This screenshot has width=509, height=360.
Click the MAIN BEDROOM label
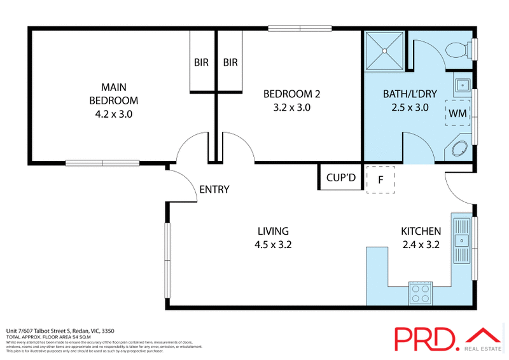click(x=113, y=93)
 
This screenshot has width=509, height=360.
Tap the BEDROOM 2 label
click(x=291, y=94)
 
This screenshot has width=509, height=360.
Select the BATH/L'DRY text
click(x=410, y=94)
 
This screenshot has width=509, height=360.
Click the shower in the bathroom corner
click(x=384, y=49)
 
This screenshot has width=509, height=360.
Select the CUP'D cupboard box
click(x=340, y=178)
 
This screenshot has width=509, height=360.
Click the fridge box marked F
click(x=380, y=179)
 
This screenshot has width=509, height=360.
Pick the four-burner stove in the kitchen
click(x=420, y=293)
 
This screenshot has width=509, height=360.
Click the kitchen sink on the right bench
click(x=461, y=239)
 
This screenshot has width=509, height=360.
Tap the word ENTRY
click(x=214, y=189)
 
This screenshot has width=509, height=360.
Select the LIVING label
click(x=273, y=231)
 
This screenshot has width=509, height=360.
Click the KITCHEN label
click(x=421, y=231)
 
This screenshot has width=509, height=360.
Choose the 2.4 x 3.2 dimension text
click(x=421, y=244)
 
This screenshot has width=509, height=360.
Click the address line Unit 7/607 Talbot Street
click(x=60, y=331)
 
